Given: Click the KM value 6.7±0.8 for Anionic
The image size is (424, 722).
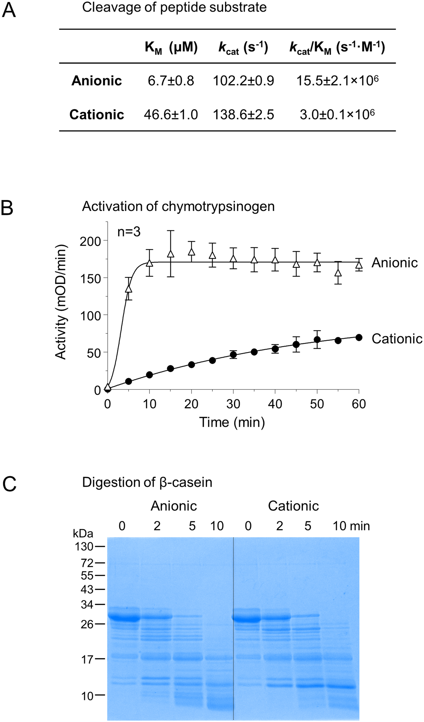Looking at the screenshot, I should pos(171,81).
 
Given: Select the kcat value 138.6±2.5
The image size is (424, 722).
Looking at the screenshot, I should pos(243,115).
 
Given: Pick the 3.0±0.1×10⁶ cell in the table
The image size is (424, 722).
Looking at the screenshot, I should pos(337,114).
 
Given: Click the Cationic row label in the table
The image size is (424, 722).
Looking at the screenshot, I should pos(97,115).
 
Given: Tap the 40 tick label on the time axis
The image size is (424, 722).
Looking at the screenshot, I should pos(275,404).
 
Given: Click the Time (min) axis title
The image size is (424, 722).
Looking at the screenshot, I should pos(232,422).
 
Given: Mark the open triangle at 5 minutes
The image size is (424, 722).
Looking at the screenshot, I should pos(129,289).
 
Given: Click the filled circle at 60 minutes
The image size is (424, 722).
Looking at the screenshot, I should pos(359,337).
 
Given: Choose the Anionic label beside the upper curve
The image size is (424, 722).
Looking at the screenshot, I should pos(394,263).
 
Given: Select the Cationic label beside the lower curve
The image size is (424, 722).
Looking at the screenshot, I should pos(397,339).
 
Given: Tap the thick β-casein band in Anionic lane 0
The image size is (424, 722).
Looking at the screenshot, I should pos(124,617).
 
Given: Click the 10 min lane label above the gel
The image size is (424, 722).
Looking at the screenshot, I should pos(351,526).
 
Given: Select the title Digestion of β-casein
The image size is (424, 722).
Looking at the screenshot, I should pos(147,482).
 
